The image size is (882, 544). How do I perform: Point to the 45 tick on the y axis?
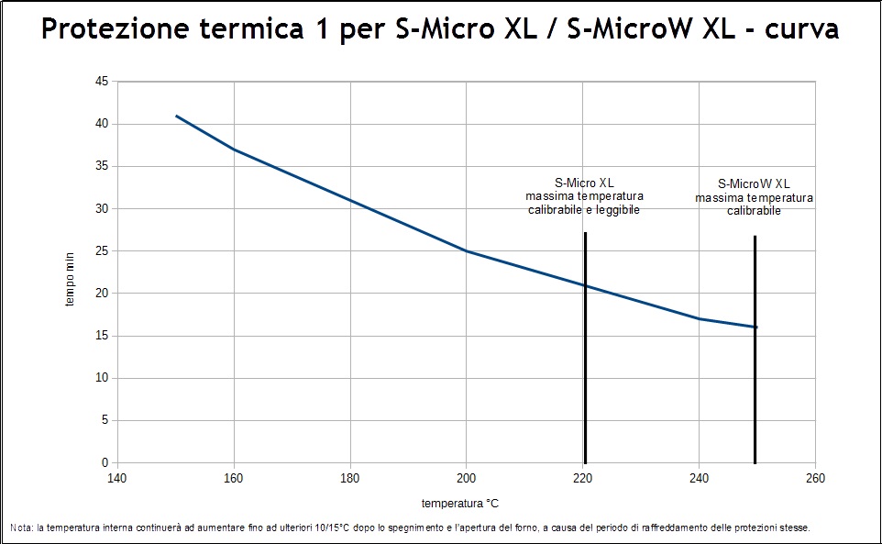click(x=101, y=82)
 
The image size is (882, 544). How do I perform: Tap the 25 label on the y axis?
click(x=101, y=250)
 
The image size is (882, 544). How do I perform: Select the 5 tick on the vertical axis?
click(x=105, y=420)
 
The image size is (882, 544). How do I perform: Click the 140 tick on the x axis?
click(x=117, y=478)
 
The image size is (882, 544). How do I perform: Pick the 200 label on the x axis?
click(x=467, y=478)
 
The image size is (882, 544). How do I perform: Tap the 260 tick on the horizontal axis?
click(x=815, y=478)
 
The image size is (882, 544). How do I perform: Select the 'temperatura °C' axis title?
click(x=460, y=504)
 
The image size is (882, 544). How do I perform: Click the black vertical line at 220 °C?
click(x=585, y=367)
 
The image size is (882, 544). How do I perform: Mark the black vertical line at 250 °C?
click(x=755, y=385)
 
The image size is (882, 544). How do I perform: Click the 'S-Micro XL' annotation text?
click(x=584, y=183)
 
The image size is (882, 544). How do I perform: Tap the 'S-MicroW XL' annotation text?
click(x=754, y=183)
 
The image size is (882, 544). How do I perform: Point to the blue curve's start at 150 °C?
click(x=176, y=116)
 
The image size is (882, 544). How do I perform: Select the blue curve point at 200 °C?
click(x=467, y=250)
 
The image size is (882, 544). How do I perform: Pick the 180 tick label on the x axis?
click(x=350, y=478)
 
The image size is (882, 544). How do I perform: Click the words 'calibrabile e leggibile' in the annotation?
click(x=584, y=210)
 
